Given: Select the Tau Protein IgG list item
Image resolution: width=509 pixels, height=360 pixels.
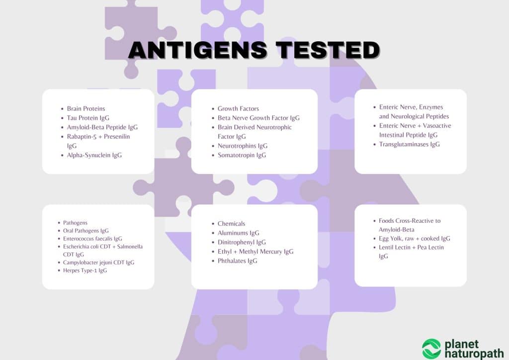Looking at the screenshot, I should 88,118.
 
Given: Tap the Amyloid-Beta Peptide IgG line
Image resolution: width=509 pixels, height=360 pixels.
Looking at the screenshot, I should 102,127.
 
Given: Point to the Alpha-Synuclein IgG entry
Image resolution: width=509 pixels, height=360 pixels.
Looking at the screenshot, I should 94,155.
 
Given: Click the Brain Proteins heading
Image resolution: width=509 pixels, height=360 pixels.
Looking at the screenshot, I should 86,108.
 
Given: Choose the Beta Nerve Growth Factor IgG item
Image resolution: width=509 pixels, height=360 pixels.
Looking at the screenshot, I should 258,118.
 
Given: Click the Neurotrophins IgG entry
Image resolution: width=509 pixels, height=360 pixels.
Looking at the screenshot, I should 243,146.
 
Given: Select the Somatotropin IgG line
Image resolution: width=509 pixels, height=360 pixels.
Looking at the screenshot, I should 242,155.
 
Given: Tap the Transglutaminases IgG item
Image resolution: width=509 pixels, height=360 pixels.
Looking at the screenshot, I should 409,144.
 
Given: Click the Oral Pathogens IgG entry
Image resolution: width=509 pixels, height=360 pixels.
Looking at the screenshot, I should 85,231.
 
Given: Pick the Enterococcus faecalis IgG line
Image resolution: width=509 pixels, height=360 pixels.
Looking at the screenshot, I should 92,239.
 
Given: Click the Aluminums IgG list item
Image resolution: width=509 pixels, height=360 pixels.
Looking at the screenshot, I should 239,233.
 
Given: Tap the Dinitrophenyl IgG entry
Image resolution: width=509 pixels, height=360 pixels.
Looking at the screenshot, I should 242,242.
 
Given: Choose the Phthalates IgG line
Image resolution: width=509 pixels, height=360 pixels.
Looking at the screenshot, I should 237,261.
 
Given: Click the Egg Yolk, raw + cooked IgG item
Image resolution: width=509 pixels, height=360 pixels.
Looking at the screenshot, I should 415,239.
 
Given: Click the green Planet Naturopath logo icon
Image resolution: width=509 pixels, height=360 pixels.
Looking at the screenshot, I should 431,348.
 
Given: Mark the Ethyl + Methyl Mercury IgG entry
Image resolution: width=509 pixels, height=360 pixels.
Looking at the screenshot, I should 255,252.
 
